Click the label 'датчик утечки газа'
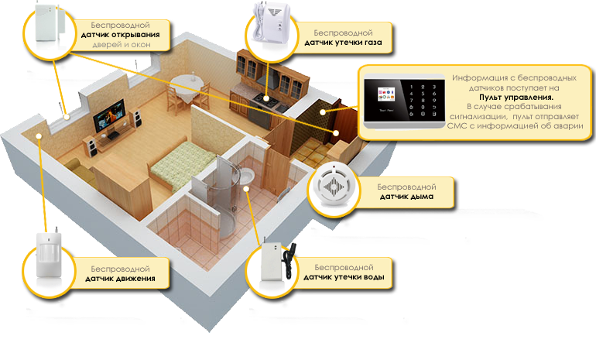point(344,45)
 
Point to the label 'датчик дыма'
point(406,197)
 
